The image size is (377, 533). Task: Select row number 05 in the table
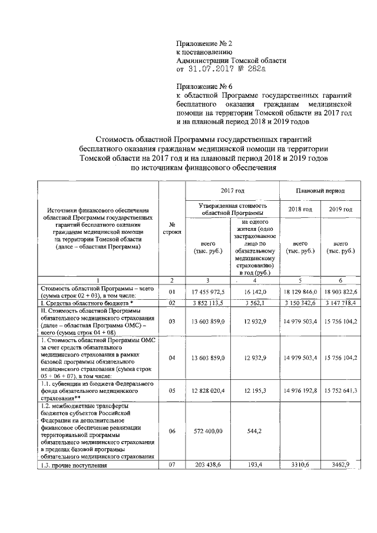171,390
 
